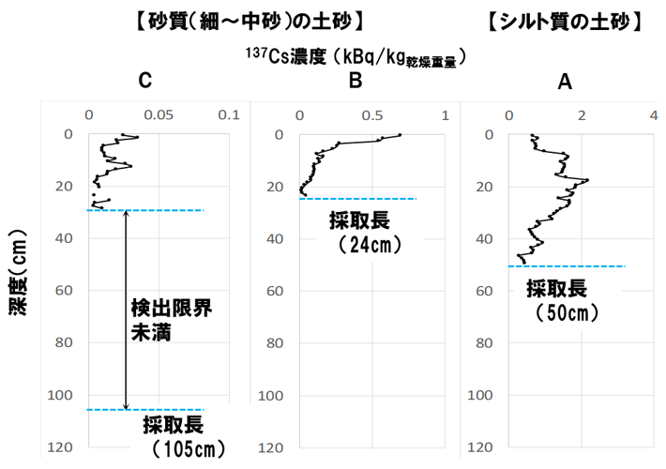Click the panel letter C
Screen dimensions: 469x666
(x=144, y=82)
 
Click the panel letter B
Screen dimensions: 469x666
(x=356, y=82)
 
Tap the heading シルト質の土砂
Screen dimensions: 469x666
(x=565, y=22)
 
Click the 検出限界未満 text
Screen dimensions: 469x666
(x=165, y=319)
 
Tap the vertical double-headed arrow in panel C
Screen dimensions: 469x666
(x=127, y=310)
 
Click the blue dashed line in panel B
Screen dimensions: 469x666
(x=356, y=199)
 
